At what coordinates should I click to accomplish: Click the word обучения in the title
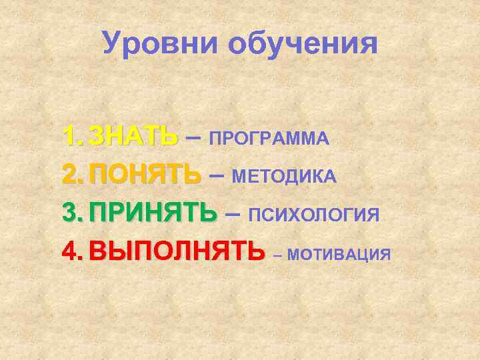coord(303,45)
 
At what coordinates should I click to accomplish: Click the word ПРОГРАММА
coord(269,138)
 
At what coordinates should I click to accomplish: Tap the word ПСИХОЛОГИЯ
coord(313,215)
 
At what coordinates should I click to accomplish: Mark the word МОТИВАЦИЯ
coord(340,254)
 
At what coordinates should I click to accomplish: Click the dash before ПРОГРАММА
coord(193,137)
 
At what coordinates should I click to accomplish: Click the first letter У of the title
coord(113,44)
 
